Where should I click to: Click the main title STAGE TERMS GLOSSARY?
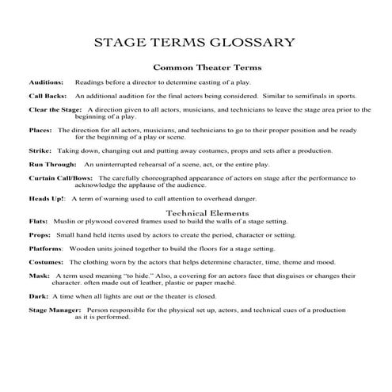[x=195, y=42]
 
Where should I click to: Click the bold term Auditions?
[x=47, y=82]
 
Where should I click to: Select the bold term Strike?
[x=40, y=150]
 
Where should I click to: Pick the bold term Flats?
[x=39, y=222]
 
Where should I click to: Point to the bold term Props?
[x=40, y=235]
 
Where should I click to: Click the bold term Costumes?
[x=46, y=261]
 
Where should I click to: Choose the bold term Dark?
[x=38, y=295]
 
